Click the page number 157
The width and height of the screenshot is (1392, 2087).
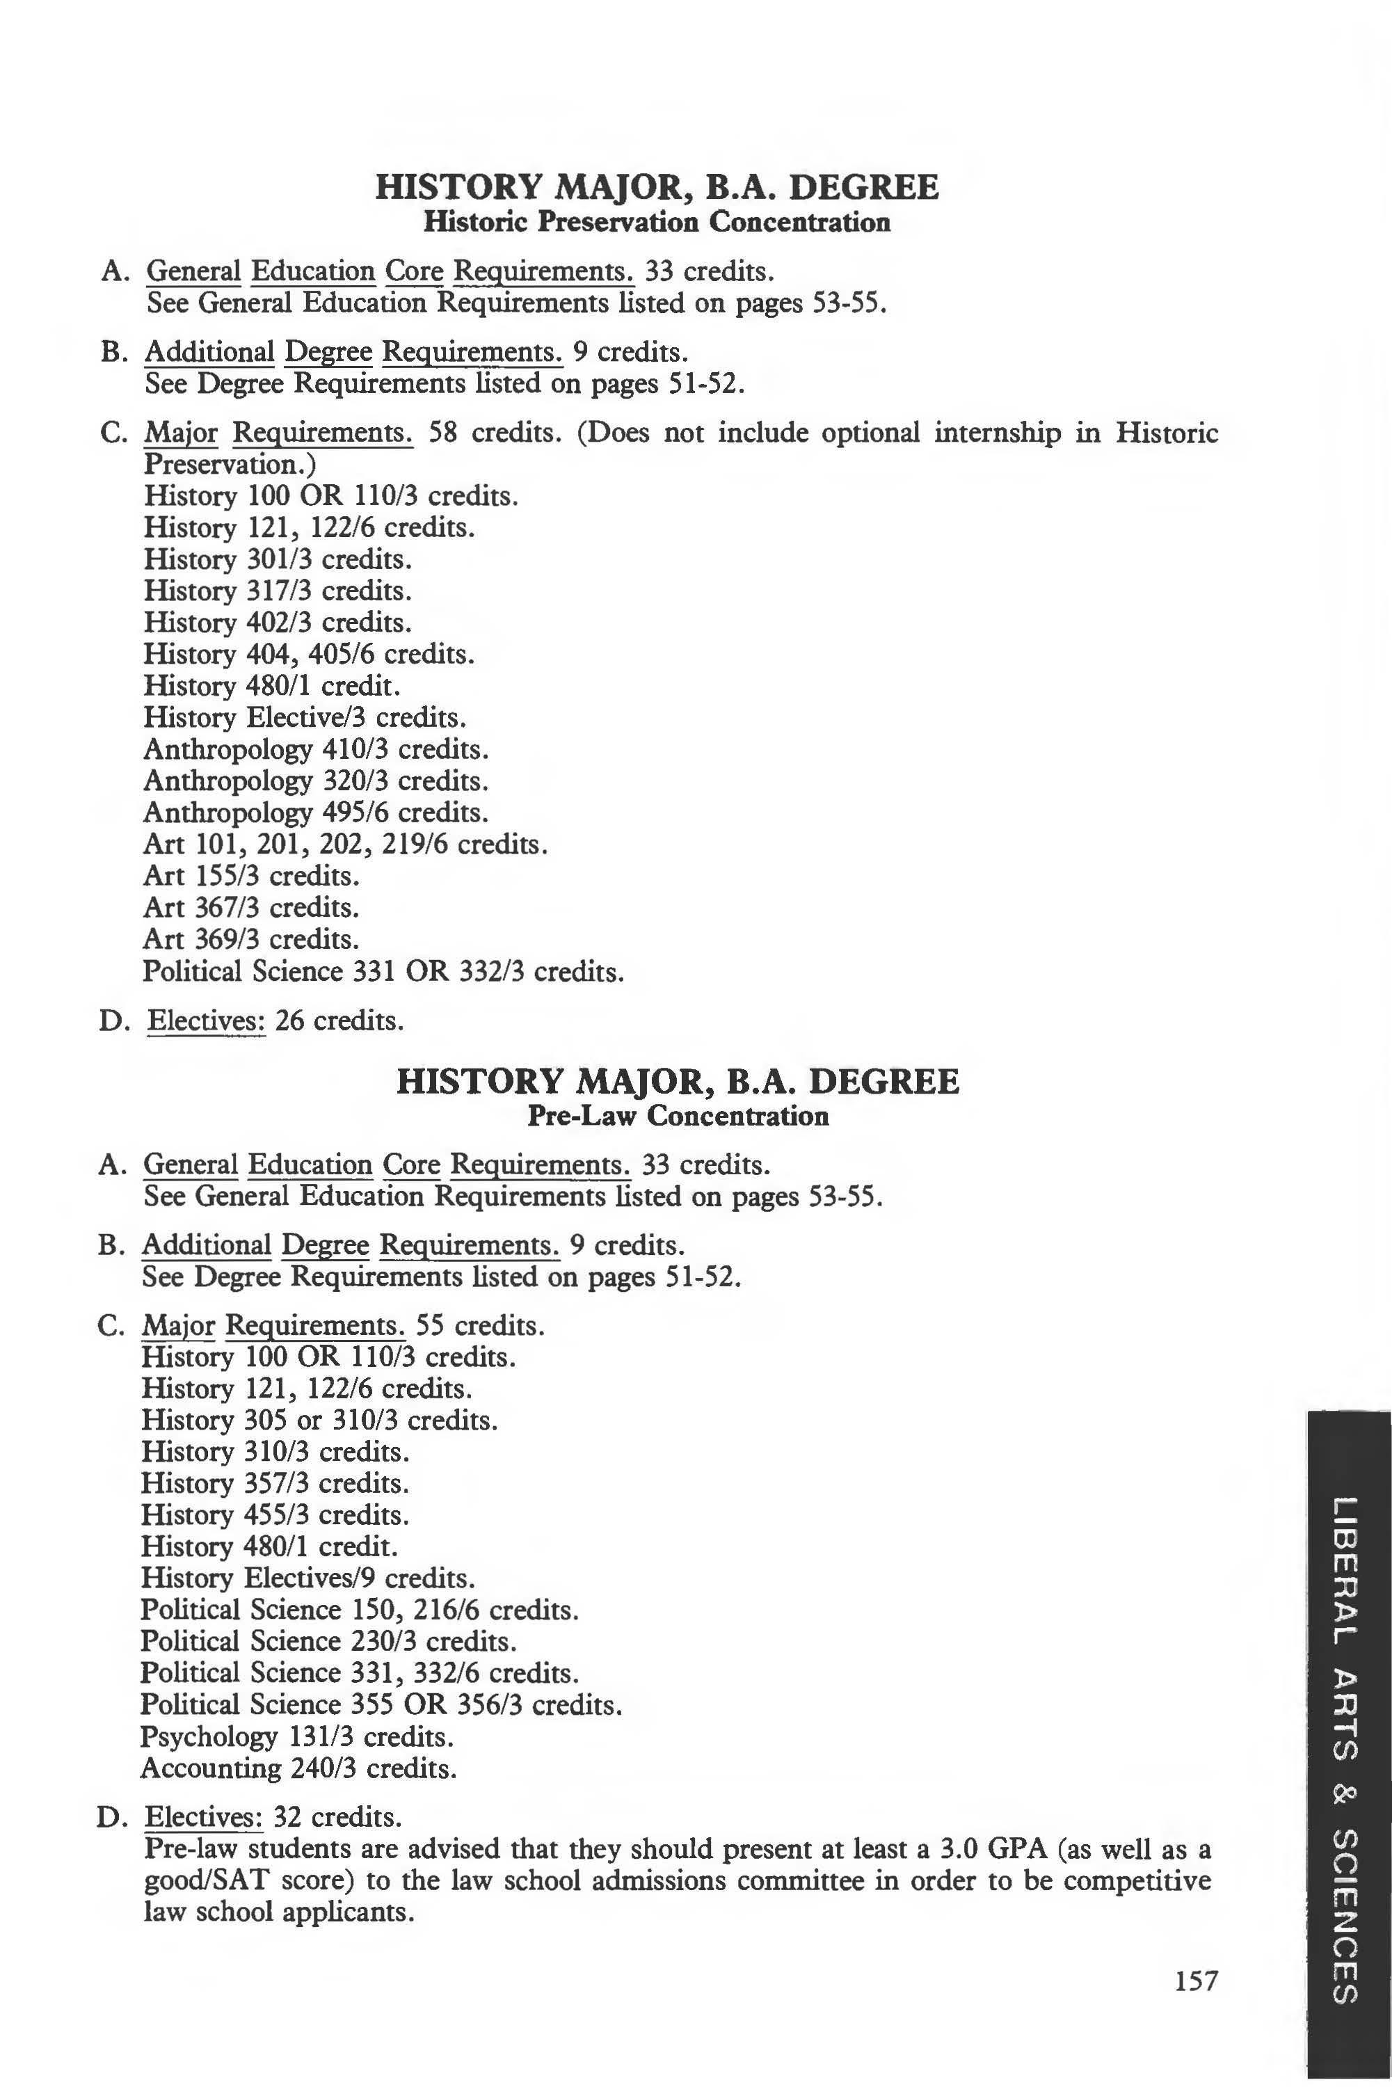point(1196,1980)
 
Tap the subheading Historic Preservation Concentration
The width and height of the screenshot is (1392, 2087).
point(656,221)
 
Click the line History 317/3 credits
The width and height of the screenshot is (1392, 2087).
point(277,591)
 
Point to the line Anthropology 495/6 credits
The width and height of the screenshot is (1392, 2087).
point(315,813)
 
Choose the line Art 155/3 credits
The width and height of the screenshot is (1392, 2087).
point(251,875)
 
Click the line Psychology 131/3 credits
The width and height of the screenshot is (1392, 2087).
point(296,1736)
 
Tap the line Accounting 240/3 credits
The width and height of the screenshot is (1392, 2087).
point(298,1768)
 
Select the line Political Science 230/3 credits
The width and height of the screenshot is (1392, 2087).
point(328,1640)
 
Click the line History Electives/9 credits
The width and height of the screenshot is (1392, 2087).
point(308,1578)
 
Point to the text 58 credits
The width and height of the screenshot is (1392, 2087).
point(495,433)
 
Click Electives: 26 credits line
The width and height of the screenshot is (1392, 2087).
point(275,1021)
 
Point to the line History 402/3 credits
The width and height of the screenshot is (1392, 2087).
point(277,623)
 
